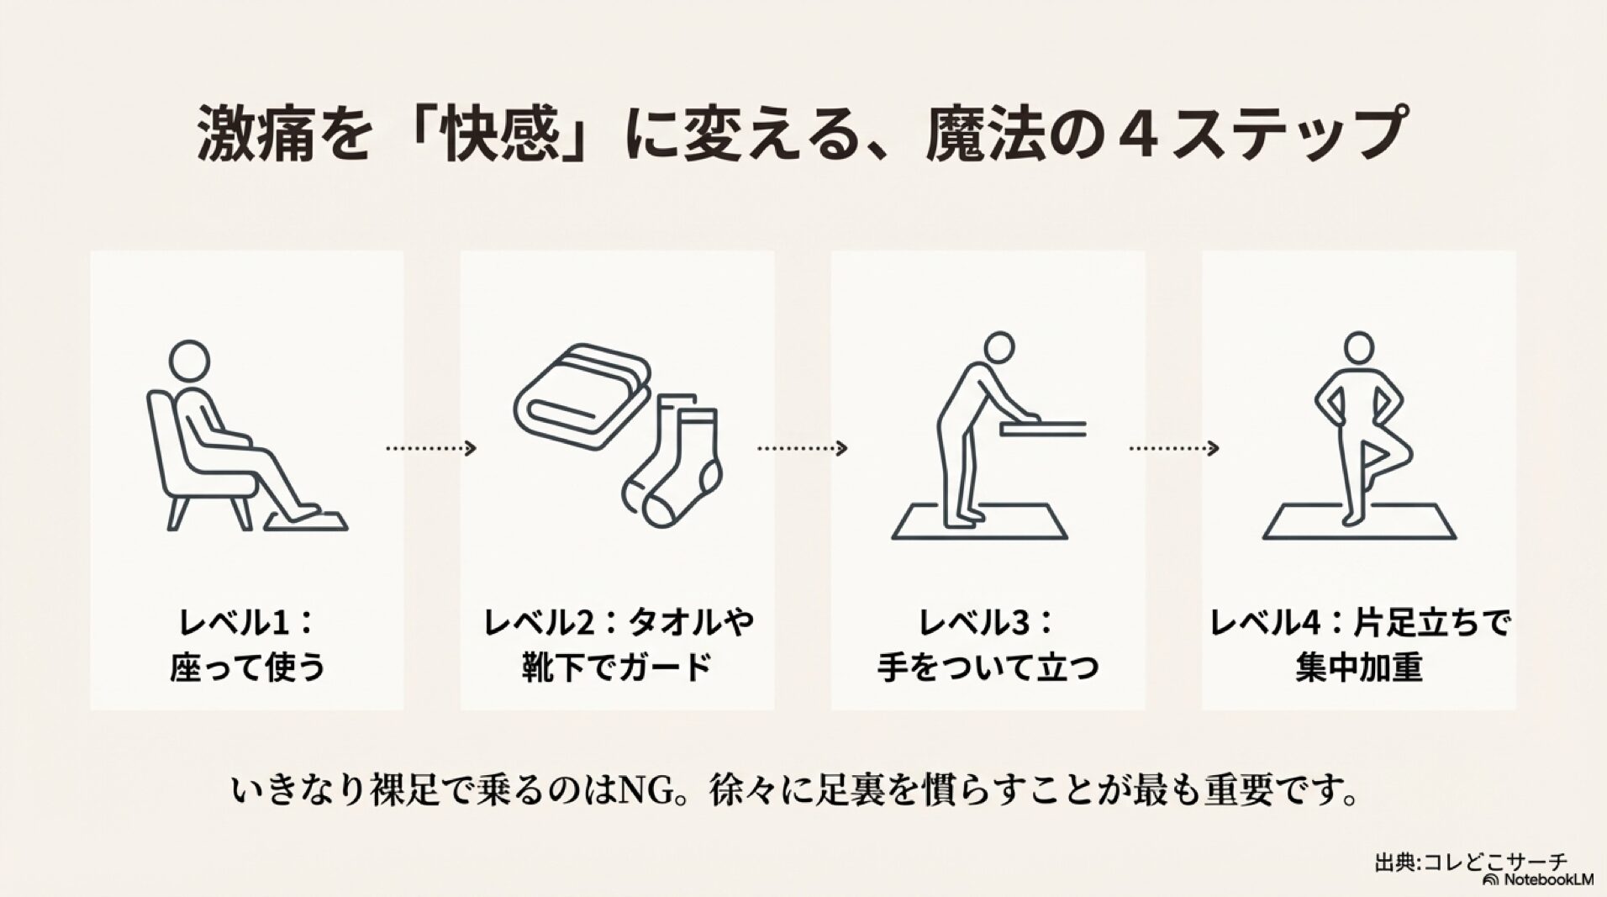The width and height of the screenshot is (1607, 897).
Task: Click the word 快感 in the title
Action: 493,133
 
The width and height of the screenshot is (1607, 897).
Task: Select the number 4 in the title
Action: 1134,133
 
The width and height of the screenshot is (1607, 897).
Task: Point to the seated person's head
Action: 188,359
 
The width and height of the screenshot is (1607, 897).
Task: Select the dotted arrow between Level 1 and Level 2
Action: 431,449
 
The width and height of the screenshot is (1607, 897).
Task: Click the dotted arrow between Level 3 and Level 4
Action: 1173,449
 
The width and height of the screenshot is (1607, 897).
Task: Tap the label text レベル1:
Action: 246,624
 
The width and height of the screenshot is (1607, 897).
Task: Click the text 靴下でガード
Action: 616,669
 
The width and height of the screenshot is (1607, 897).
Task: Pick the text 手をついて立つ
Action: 988,669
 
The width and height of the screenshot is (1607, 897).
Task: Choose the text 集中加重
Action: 1358,669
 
